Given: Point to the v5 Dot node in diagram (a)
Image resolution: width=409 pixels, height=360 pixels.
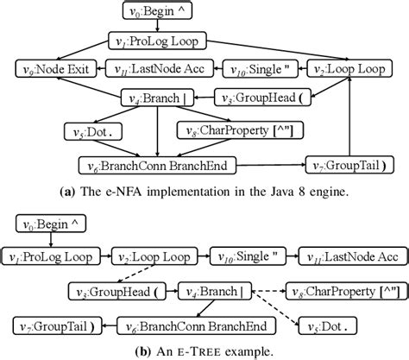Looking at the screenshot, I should coord(91,130).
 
